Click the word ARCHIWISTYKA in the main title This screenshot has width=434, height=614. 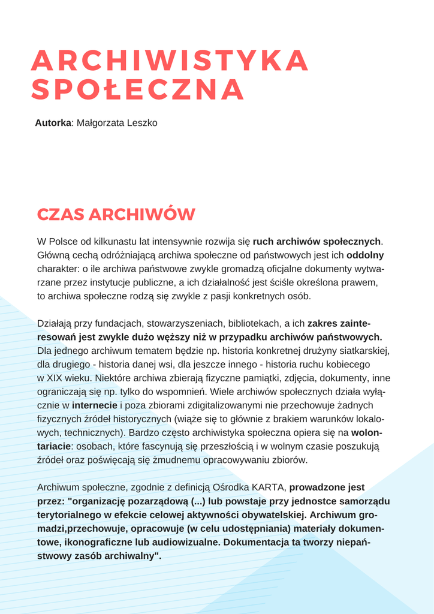[x=170, y=61]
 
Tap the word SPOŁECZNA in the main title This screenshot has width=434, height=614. [x=138, y=90]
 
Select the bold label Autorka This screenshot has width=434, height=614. [x=53, y=123]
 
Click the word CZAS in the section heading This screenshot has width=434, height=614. [x=60, y=215]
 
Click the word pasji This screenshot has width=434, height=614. [x=236, y=296]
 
